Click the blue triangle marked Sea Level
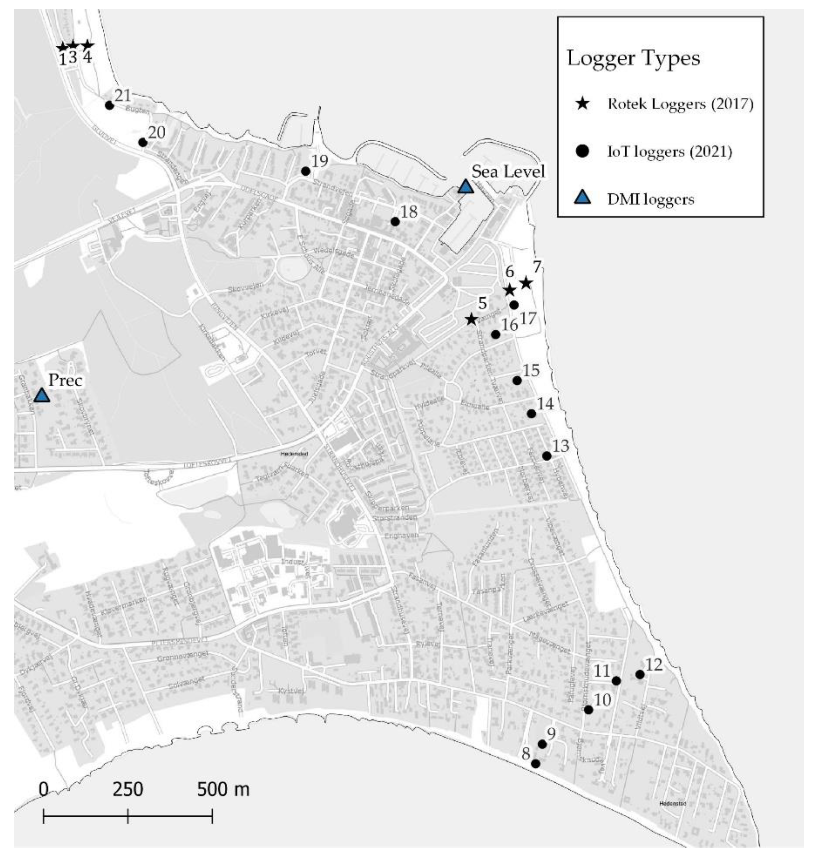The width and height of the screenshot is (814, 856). [465, 187]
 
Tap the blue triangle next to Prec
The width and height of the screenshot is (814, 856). [42, 395]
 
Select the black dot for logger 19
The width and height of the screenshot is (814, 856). [305, 172]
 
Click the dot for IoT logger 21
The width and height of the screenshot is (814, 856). [109, 105]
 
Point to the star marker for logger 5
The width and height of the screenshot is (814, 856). [471, 320]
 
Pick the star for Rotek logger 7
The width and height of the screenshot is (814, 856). [526, 283]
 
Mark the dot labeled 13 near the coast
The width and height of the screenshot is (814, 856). [547, 456]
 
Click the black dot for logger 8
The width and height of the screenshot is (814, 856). [536, 764]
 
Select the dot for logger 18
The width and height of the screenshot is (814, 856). [395, 221]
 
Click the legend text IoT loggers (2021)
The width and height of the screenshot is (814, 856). [669, 152]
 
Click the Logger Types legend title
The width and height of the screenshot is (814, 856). [633, 58]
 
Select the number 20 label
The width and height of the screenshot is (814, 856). [157, 132]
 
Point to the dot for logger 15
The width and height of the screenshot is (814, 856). [517, 380]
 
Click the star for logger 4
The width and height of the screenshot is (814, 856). [87, 45]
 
